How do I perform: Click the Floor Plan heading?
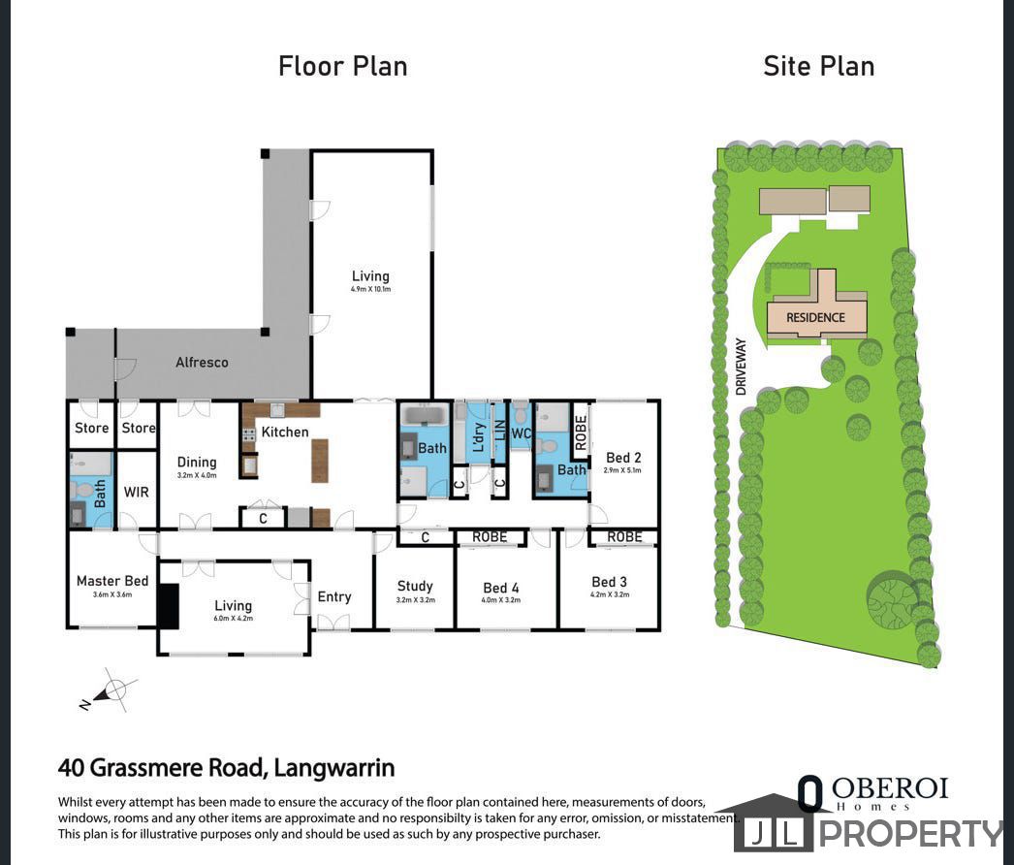tap(342, 66)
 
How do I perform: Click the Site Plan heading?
tap(818, 66)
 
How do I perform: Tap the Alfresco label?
tap(202, 362)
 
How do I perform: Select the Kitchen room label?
tap(285, 432)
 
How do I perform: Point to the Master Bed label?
tap(112, 581)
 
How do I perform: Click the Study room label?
tap(415, 586)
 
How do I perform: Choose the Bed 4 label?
tap(501, 588)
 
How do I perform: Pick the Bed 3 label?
tap(610, 582)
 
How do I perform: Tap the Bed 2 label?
tap(623, 458)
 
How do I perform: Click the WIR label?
tap(137, 492)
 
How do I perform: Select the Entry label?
tap(334, 596)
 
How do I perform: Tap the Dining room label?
tap(197, 463)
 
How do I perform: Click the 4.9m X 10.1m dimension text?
tap(370, 289)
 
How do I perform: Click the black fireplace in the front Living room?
tap(169, 605)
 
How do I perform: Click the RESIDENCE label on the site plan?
tap(815, 317)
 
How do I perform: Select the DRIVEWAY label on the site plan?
tap(742, 366)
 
